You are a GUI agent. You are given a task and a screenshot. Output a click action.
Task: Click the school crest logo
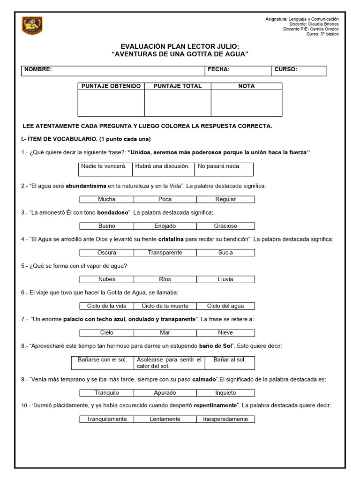coord(32,25)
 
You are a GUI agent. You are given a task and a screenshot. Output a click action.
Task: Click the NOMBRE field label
coord(38,69)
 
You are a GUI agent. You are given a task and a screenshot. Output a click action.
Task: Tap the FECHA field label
coord(218,69)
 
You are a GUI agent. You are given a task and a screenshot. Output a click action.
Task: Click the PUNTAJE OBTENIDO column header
coord(111,86)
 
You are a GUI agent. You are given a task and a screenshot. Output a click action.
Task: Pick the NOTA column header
coord(246,86)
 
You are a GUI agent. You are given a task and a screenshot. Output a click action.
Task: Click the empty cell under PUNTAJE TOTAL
coord(178,103)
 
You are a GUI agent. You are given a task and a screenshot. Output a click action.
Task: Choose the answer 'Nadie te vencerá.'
coord(104,166)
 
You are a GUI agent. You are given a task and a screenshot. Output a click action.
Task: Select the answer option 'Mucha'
coord(106,199)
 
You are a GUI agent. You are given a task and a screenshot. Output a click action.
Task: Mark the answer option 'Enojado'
coord(165,226)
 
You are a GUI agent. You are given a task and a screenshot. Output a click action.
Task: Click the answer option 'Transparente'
coord(165,253)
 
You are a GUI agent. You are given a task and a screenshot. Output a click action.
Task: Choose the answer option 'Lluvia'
coord(225,279)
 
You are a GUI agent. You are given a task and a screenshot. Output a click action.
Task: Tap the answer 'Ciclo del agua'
coord(225,306)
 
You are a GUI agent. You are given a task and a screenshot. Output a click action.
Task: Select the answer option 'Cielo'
coord(106,333)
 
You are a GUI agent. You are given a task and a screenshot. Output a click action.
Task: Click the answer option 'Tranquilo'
coord(106,393)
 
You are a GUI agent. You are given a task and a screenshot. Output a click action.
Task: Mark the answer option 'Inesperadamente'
coord(225,419)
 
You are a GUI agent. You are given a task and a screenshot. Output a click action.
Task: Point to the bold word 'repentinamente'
coord(214,405)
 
